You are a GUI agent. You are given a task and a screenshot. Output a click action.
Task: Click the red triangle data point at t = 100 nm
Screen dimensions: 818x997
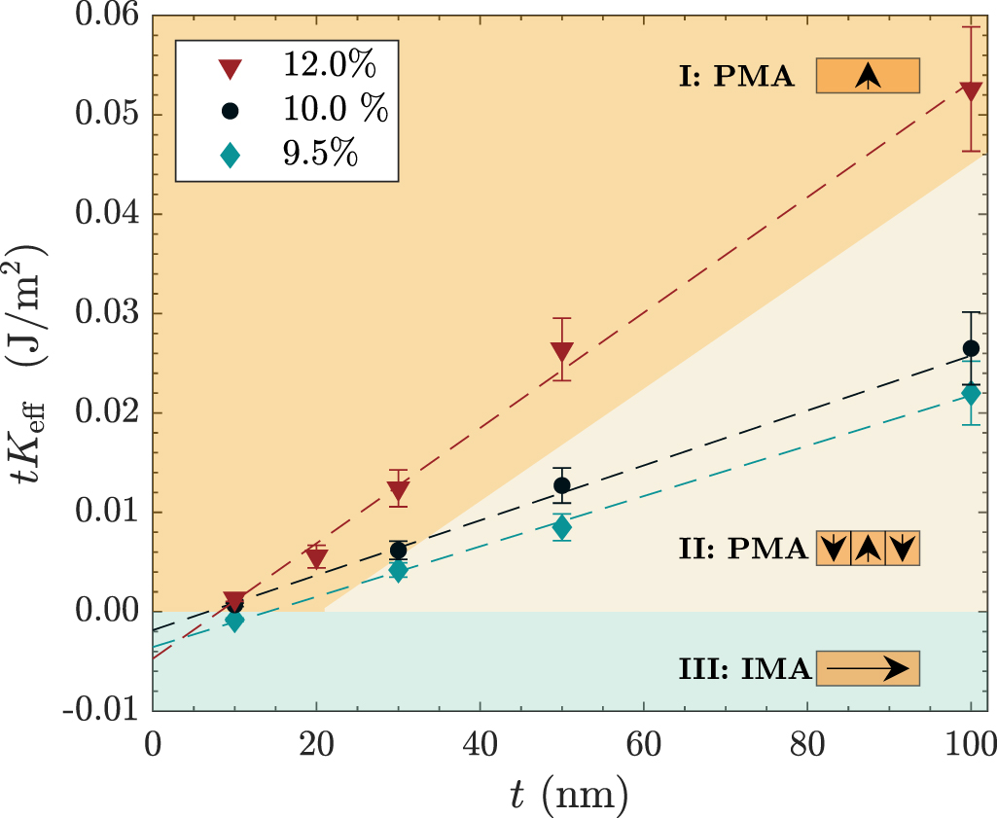[x=971, y=90]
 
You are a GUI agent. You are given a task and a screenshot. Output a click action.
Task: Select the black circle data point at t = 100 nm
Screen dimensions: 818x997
[x=971, y=348]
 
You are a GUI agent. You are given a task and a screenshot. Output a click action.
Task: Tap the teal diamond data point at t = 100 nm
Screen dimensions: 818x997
[x=971, y=395]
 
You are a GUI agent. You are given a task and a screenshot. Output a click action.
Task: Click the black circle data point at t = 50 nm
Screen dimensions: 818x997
[x=561, y=485]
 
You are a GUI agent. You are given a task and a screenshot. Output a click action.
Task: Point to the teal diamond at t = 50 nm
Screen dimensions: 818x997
[x=561, y=527]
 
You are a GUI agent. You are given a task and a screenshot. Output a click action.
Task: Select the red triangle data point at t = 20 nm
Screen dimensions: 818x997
[x=316, y=557]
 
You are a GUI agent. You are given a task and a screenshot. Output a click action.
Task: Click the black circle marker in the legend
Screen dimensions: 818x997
[x=231, y=111]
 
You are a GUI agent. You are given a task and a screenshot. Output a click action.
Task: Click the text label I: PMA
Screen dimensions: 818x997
[x=736, y=78]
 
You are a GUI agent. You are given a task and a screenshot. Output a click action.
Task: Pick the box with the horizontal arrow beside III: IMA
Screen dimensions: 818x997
[x=868, y=668]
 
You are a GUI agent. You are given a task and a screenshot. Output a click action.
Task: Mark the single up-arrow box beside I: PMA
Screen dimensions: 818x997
[x=868, y=77]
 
